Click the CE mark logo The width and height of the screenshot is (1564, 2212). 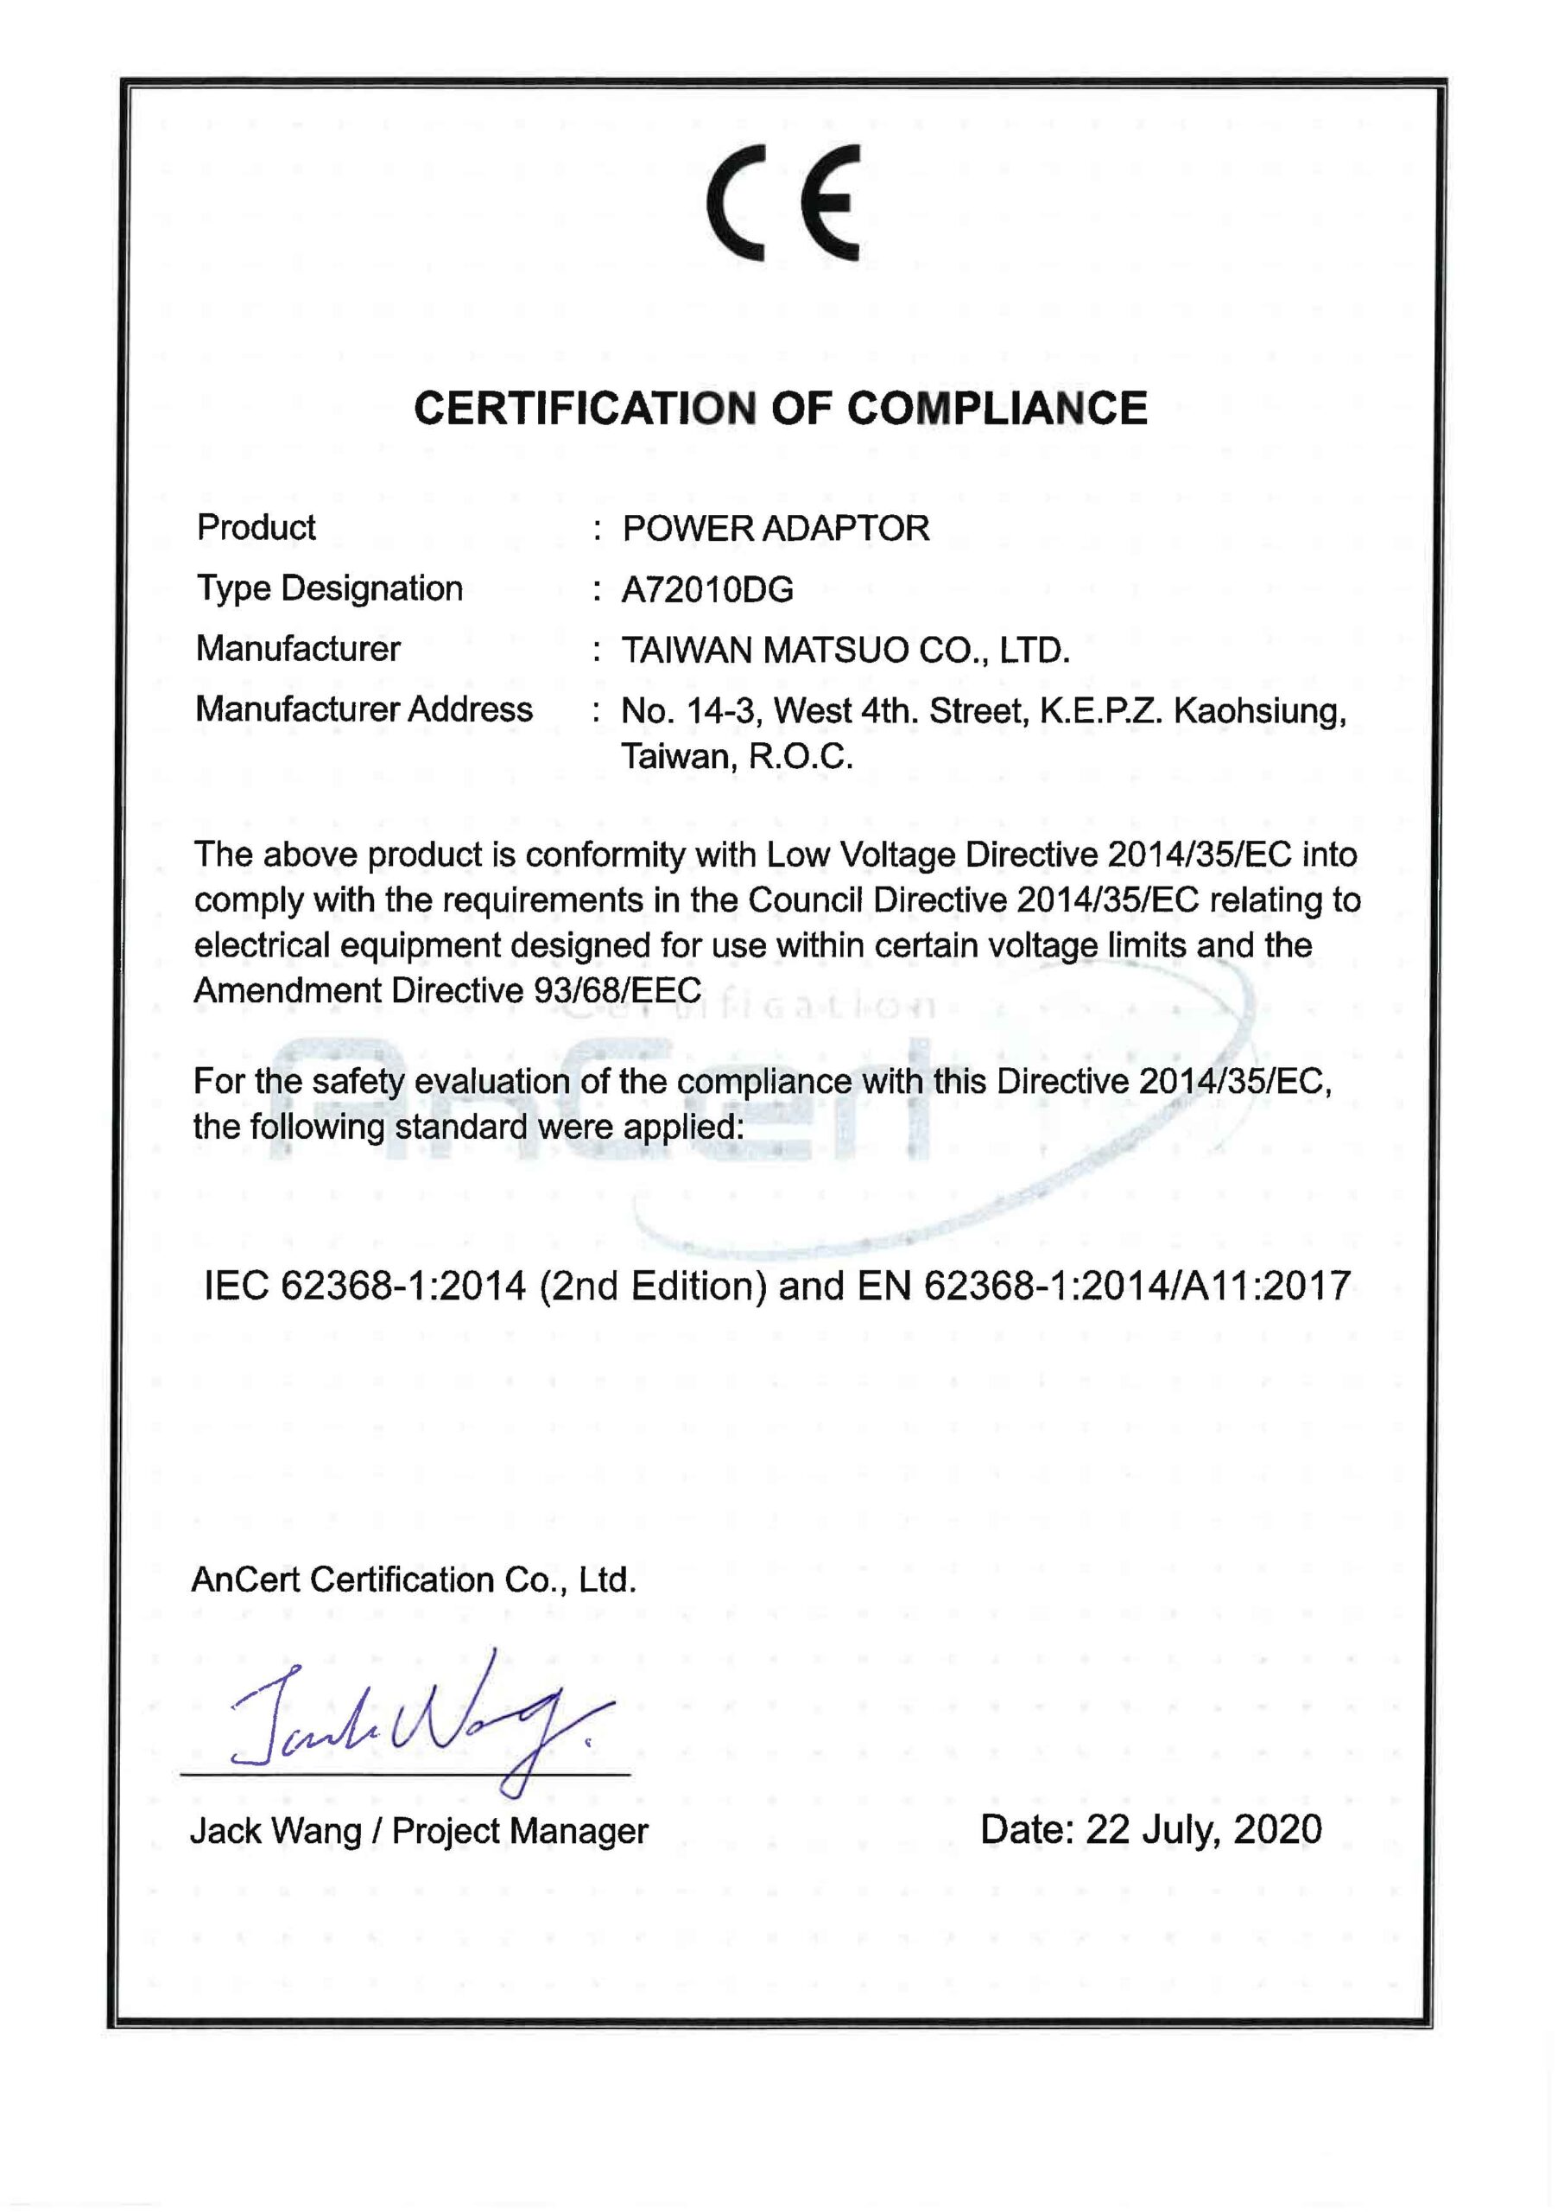782,203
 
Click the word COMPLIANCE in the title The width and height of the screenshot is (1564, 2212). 997,409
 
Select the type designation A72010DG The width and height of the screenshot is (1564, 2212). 707,589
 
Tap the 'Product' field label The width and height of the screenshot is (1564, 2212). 256,528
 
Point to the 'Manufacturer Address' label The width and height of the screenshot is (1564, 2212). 364,710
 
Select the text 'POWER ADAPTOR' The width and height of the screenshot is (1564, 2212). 776,529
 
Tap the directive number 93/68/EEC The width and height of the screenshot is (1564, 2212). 617,990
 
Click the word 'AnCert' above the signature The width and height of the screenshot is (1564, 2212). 245,1580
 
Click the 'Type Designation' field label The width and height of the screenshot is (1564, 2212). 329,588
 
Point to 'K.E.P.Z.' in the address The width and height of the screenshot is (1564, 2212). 1102,712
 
